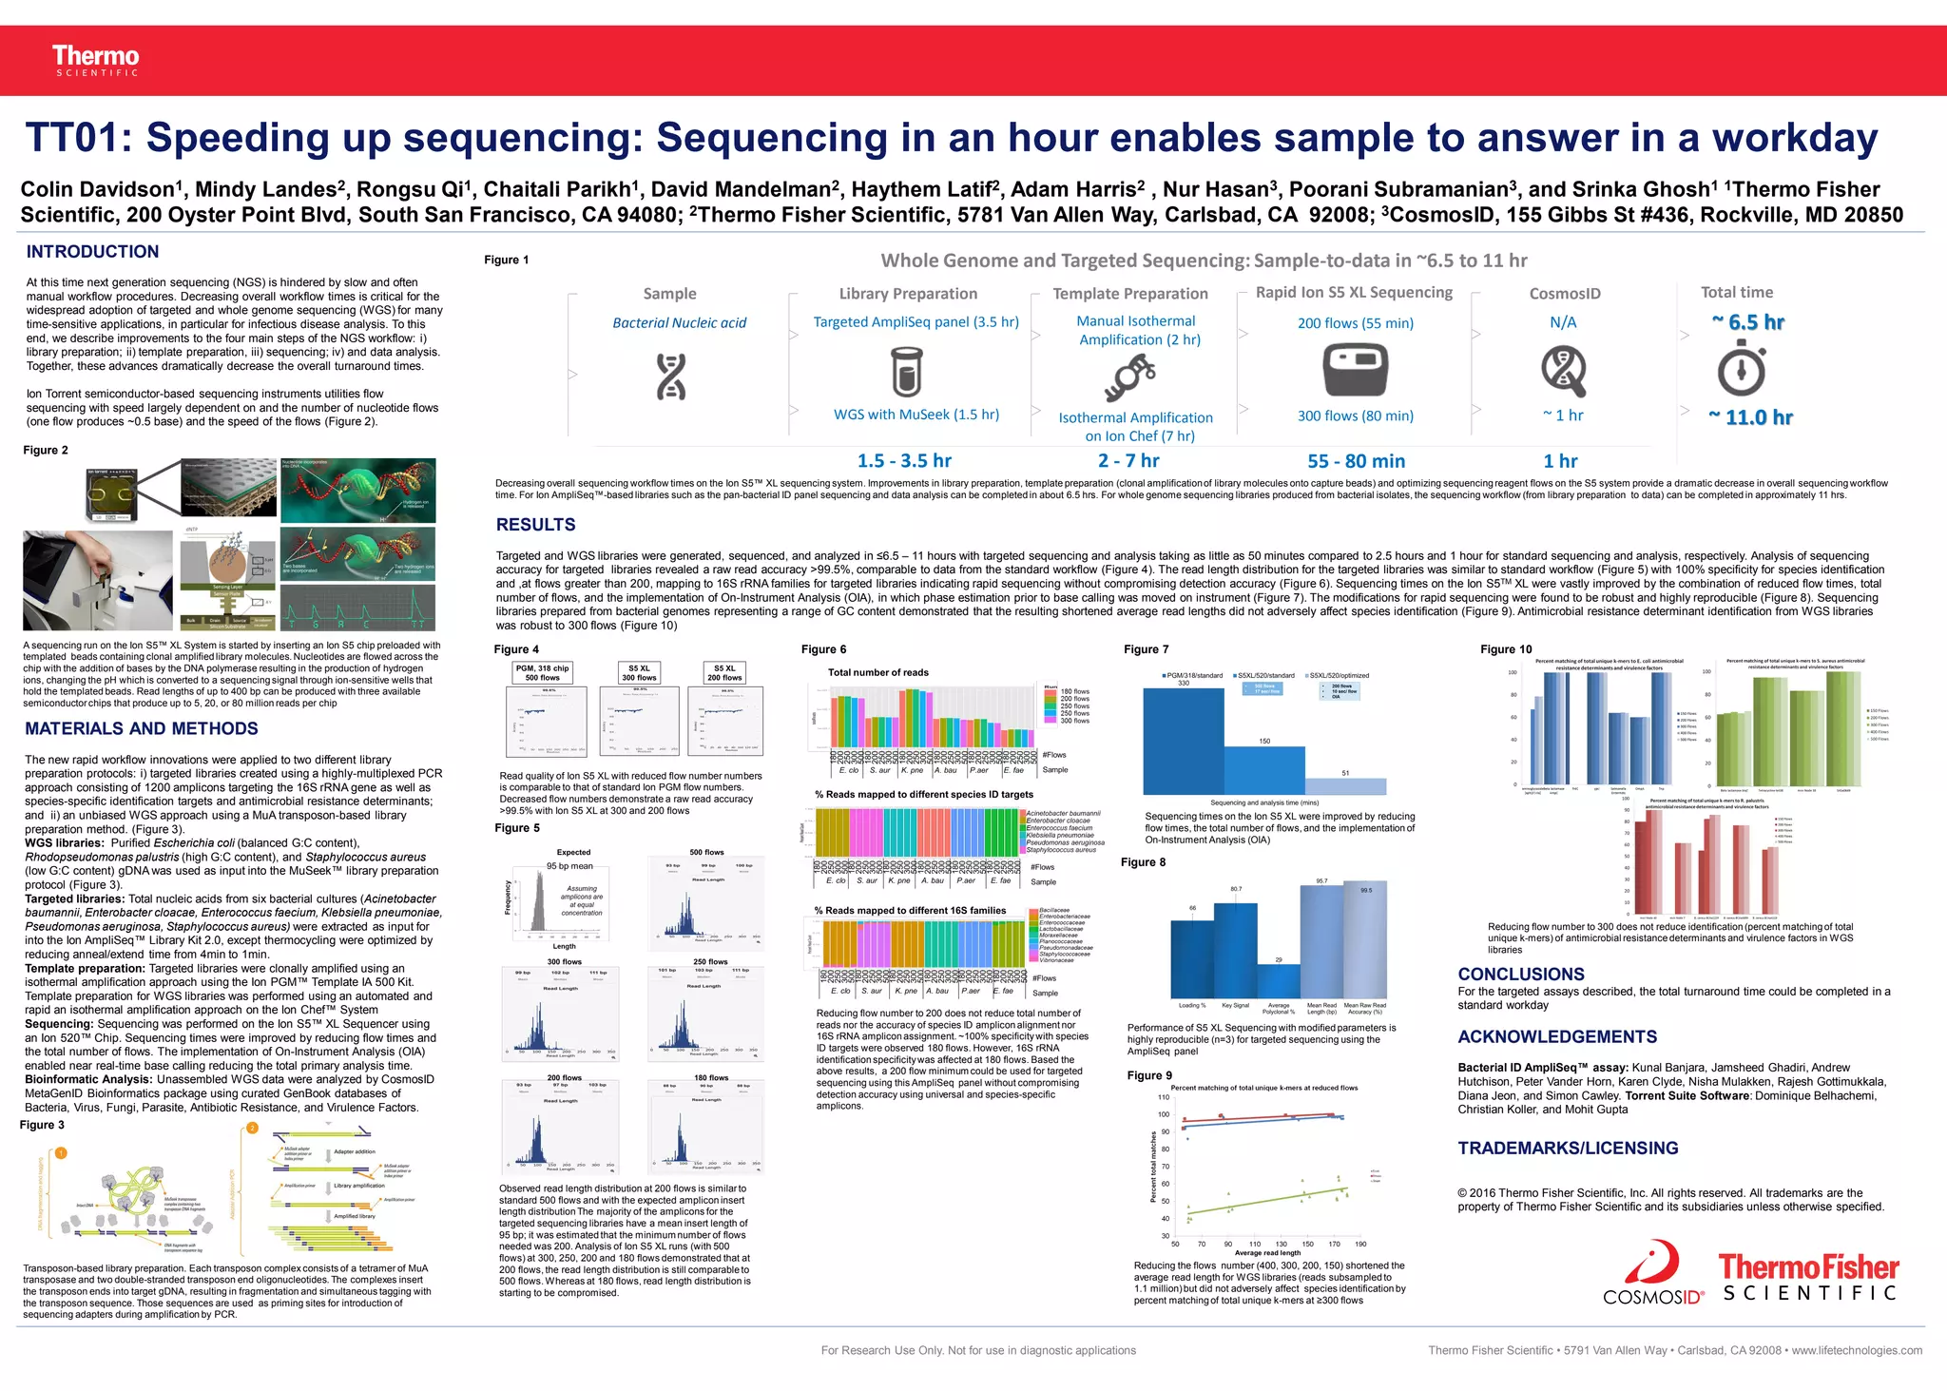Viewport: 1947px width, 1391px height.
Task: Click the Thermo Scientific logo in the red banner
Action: (x=95, y=60)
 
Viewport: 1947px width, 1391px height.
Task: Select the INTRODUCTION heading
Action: (x=92, y=252)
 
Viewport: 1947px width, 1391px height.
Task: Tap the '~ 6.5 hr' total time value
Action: (x=1747, y=322)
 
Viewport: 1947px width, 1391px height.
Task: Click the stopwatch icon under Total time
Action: (x=1742, y=371)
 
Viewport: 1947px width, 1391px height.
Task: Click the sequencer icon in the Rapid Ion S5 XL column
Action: (x=1355, y=370)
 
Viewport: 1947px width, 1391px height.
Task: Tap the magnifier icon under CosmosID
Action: (x=1564, y=371)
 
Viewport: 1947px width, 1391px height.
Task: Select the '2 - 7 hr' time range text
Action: (x=1128, y=461)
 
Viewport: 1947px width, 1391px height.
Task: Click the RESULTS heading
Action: (x=535, y=525)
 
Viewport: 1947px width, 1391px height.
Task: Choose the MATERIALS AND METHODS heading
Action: (x=142, y=729)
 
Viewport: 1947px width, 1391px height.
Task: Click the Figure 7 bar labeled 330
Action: (x=1183, y=741)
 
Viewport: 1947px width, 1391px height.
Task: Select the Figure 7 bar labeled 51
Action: (x=1345, y=786)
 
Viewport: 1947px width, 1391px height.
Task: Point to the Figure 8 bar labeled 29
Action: (x=1279, y=980)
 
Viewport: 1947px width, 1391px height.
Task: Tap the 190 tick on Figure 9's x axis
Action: (x=1360, y=1244)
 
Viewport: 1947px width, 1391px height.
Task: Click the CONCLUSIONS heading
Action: (x=1521, y=975)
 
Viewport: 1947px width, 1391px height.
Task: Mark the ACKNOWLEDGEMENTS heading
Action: (x=1557, y=1037)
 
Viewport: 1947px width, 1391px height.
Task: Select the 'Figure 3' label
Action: (x=42, y=1125)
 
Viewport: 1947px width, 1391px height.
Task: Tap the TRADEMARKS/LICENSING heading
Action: (x=1568, y=1149)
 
